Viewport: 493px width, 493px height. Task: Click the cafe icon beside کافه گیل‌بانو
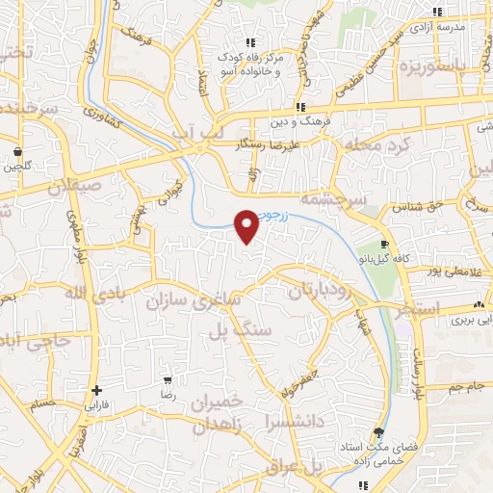[x=385, y=245]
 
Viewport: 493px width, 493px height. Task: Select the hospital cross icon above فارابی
[x=95, y=390]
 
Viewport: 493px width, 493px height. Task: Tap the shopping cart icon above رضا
[x=169, y=380]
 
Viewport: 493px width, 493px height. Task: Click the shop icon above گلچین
[x=18, y=150]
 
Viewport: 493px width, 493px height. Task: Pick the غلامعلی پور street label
[x=454, y=272]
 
